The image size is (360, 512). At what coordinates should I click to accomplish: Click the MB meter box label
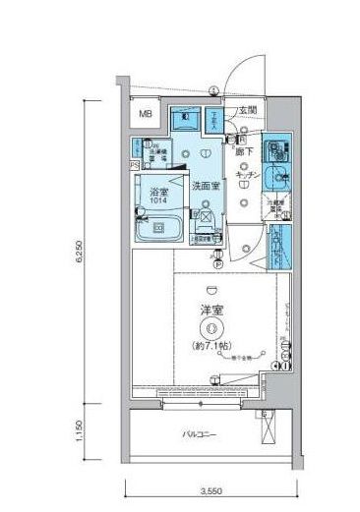pos(145,115)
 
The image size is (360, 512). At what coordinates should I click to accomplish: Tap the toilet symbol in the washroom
pos(185,122)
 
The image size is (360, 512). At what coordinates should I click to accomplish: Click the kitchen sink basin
pos(275,181)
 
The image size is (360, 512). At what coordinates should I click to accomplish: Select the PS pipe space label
pos(134,166)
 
